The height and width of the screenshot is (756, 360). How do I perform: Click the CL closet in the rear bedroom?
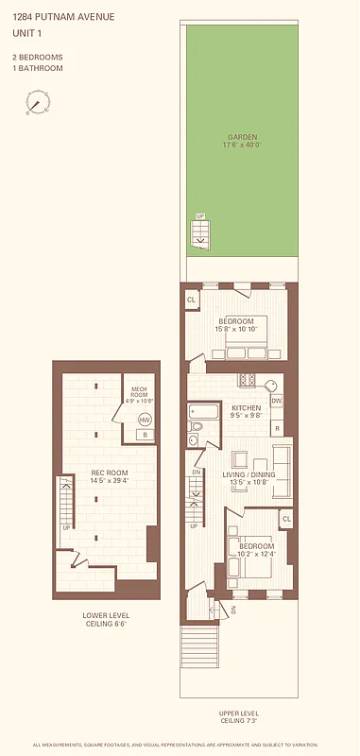pos(192,300)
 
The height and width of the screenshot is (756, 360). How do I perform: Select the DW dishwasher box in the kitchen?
pos(277,401)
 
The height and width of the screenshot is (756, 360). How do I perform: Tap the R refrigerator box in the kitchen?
pos(277,428)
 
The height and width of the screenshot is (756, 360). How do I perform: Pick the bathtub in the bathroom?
pos(204,411)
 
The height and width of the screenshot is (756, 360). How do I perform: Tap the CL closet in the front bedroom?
pos(285,519)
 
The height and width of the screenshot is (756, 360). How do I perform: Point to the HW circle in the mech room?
pos(145,419)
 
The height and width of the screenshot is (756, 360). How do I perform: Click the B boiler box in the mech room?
pos(145,435)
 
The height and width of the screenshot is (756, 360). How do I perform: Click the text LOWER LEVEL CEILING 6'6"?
pos(105,619)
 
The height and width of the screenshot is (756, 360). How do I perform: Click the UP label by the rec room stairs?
pos(65,527)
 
